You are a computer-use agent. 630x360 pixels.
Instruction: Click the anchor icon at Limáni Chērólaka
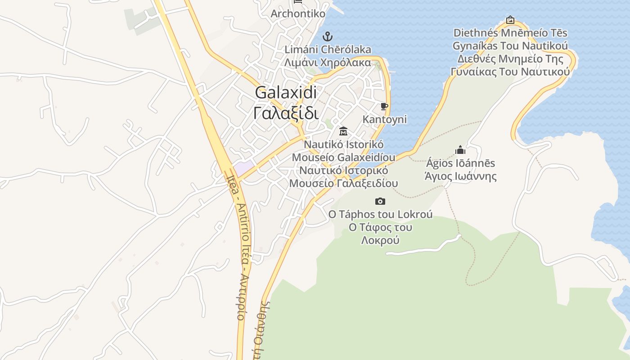328,36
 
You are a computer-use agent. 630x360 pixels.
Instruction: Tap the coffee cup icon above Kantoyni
384,107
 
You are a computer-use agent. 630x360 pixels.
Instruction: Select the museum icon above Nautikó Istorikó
343,131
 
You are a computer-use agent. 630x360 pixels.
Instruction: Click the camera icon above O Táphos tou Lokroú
380,201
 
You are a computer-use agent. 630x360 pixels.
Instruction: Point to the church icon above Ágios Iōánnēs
460,149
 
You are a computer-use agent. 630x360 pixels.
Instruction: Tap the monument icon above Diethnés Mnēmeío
510,20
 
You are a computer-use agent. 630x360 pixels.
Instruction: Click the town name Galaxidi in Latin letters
286,93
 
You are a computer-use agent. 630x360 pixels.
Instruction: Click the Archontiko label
298,13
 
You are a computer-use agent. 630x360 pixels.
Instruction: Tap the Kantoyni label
385,119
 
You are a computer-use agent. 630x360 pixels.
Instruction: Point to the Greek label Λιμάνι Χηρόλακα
328,63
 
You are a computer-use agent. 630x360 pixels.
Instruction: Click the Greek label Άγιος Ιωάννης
461,176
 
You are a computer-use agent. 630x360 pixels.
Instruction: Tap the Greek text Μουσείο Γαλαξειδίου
343,183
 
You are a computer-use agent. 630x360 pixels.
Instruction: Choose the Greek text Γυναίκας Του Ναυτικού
510,72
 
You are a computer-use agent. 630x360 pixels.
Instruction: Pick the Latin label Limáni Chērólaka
328,49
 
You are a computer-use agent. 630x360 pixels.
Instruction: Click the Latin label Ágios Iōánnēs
461,163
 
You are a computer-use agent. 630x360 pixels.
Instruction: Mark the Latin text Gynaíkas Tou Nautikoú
510,46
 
